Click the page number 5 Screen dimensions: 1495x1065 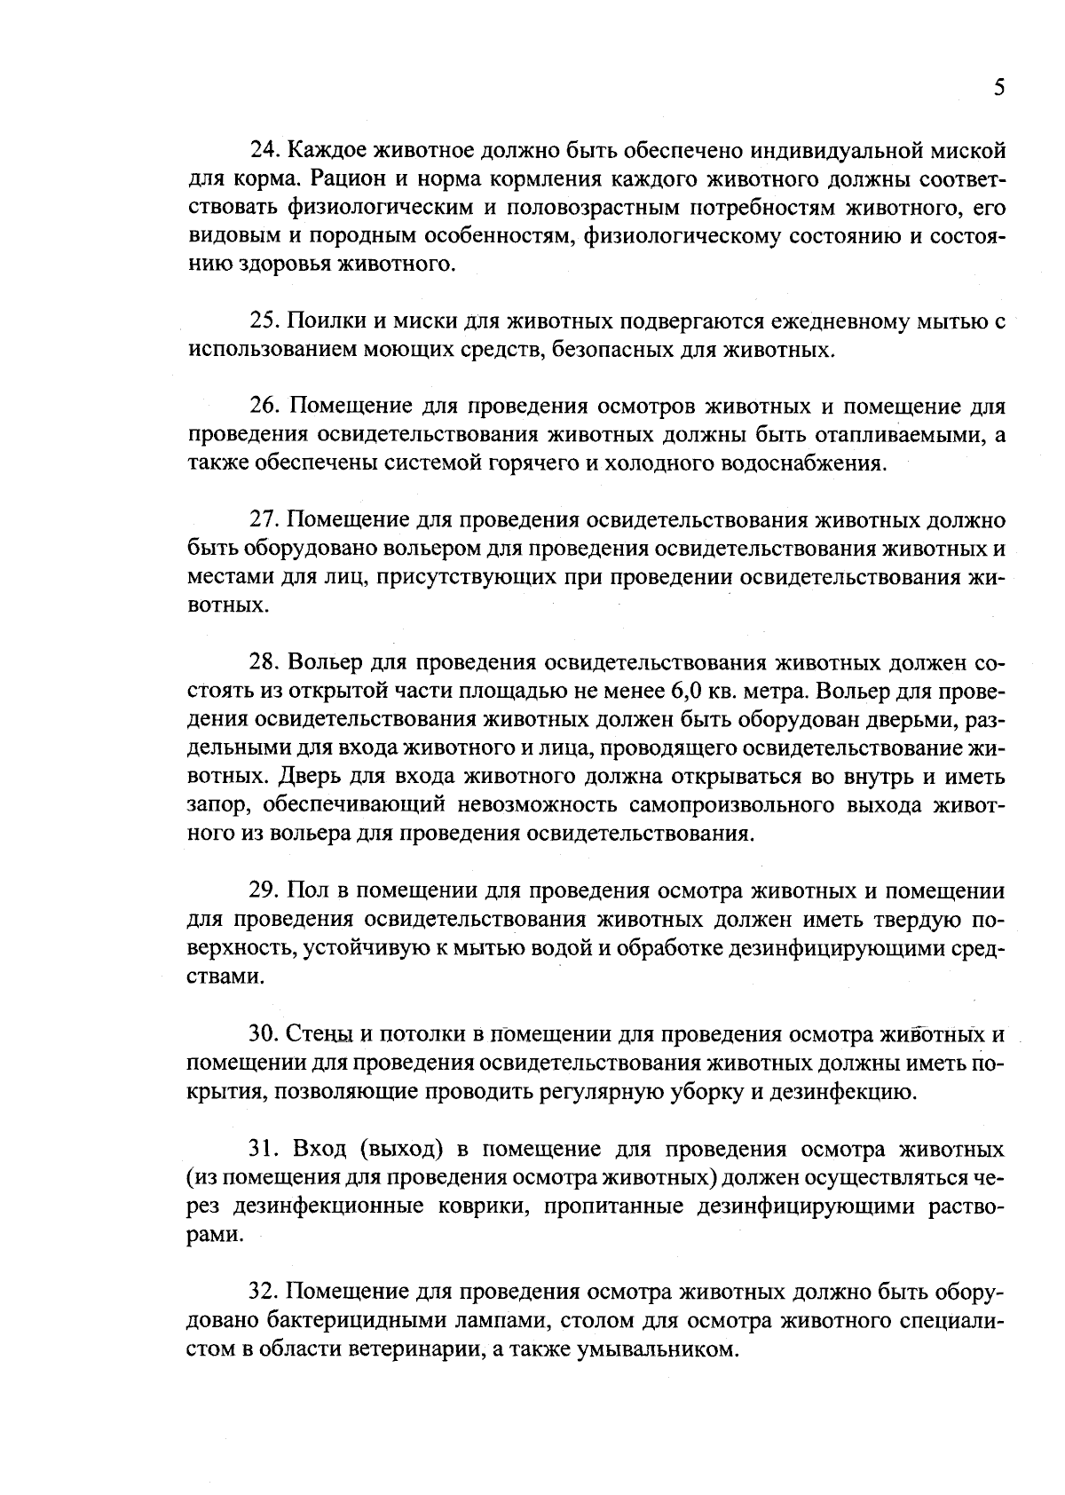coord(999,88)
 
